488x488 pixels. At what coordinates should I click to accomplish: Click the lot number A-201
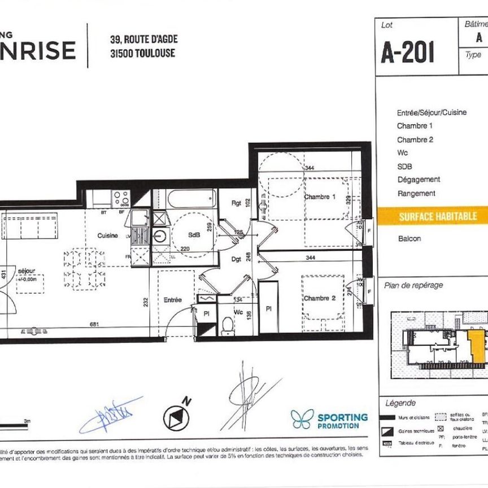407,53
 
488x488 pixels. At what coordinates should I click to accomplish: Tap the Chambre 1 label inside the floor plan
320,197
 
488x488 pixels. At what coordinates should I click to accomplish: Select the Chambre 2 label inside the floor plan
320,298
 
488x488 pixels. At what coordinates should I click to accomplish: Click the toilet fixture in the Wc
228,326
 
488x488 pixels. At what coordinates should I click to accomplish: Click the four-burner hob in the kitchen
121,198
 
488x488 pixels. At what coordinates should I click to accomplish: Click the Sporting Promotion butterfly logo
302,419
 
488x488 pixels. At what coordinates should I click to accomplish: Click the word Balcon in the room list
409,239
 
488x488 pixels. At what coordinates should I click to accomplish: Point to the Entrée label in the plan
172,300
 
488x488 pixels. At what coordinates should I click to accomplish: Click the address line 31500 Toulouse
142,54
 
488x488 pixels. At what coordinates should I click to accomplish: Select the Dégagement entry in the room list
419,180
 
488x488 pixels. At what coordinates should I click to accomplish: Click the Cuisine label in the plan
107,236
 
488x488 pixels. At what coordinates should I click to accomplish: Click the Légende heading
400,403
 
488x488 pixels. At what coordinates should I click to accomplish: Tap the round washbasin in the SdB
160,236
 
